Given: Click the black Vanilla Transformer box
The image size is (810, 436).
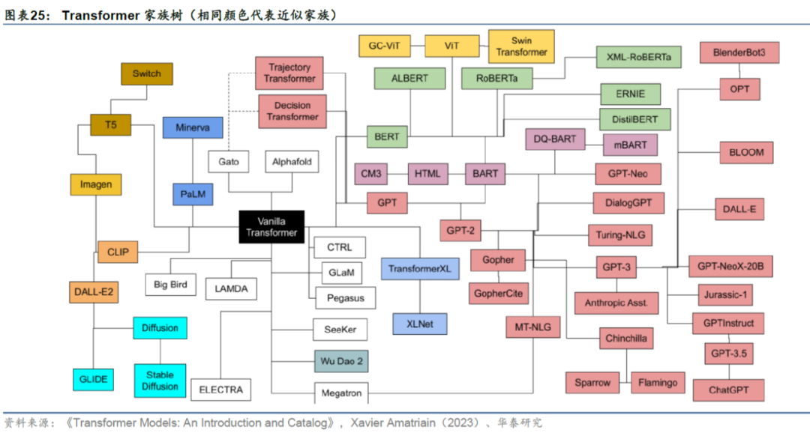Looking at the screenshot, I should tap(272, 226).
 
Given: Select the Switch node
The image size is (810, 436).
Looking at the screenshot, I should tap(146, 73).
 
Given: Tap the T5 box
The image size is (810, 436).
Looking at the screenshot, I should tap(111, 124).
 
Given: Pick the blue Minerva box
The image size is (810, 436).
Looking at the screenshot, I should tap(193, 127).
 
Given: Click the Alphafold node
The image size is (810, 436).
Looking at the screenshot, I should tap(292, 162).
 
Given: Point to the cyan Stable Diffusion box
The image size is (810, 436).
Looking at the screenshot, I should tap(160, 381).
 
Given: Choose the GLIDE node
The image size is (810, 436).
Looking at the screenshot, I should tap(94, 379).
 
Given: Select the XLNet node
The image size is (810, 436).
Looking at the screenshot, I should tap(419, 324).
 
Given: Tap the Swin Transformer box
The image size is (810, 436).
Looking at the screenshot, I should tap(521, 46).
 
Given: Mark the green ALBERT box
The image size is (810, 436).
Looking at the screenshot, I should tap(409, 78).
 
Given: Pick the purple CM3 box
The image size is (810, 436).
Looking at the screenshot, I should tap(370, 174).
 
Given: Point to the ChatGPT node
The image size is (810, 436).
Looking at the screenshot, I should tap(726, 390).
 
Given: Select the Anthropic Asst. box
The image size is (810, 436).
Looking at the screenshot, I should tap(616, 303).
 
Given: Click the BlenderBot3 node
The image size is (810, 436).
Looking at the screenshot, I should tap(739, 53).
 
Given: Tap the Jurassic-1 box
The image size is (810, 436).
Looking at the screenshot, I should tap(724, 294).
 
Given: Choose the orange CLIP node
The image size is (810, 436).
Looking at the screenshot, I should tap(118, 252).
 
